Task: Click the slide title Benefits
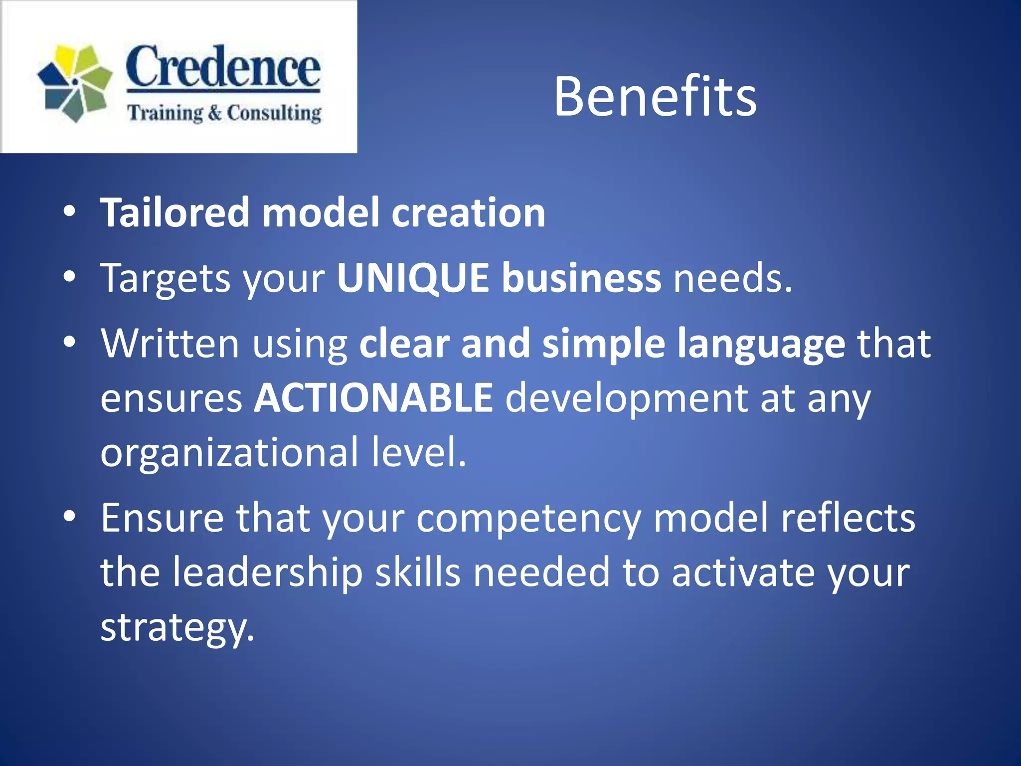click(655, 97)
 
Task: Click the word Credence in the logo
click(222, 67)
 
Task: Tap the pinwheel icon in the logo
click(75, 83)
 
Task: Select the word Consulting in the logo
click(274, 113)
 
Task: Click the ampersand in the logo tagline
click(214, 113)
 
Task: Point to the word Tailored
click(174, 213)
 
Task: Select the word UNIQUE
click(413, 278)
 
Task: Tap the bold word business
click(581, 278)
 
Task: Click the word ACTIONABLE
click(374, 397)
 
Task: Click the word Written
click(170, 344)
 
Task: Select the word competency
click(528, 519)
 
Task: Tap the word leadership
click(267, 573)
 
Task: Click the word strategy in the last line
click(177, 627)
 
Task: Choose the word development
click(627, 398)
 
